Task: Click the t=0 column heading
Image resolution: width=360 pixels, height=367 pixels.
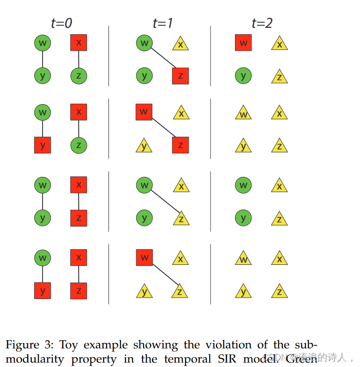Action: tap(62, 23)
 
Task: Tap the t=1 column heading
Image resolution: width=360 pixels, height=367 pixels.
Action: tap(163, 23)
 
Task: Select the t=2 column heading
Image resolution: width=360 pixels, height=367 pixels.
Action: tap(262, 23)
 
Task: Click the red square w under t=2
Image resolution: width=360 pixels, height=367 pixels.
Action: tap(243, 43)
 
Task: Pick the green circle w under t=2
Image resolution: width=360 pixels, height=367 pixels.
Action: tap(243, 185)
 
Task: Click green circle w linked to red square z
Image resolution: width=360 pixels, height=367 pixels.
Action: tap(144, 43)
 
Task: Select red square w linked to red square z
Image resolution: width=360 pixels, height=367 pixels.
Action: tap(144, 112)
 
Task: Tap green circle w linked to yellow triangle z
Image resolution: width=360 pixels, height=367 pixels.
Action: tap(144, 185)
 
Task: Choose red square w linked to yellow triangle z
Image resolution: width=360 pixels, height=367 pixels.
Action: tap(144, 258)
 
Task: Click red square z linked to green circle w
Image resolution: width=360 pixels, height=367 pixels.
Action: tap(180, 76)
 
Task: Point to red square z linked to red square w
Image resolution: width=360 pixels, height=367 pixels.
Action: tap(180, 145)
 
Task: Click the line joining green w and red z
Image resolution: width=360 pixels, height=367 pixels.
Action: tap(162, 59)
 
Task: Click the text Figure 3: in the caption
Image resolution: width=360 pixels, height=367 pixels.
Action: tap(29, 345)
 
